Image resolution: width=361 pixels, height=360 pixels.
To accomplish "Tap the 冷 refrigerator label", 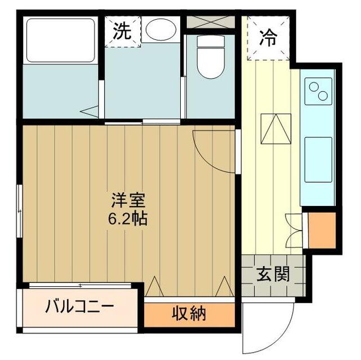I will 269,38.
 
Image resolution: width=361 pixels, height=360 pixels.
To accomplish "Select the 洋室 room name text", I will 129,201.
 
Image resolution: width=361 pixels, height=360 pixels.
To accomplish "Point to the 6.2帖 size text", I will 129,218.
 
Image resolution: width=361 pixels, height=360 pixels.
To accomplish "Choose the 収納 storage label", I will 189,314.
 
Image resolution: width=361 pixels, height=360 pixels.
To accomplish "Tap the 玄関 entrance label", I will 273,275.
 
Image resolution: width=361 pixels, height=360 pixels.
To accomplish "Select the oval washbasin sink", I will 161,29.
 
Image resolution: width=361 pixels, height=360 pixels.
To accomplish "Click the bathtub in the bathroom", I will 61,40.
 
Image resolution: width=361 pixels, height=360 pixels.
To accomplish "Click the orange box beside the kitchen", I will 322,229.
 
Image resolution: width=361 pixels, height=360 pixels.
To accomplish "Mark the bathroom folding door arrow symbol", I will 89,111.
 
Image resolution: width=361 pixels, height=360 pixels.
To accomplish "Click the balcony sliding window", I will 82,285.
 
